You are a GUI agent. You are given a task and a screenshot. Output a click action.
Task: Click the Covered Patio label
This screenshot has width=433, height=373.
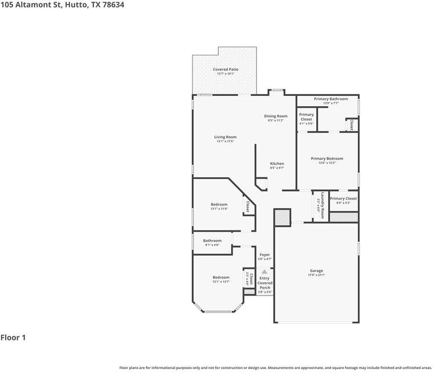pyautogui.click(x=226, y=70)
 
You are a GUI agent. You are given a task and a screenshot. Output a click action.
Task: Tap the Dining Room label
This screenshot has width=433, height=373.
pyautogui.click(x=275, y=116)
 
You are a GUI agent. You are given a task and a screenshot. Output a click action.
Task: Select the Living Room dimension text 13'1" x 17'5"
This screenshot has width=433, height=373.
pyautogui.click(x=225, y=141)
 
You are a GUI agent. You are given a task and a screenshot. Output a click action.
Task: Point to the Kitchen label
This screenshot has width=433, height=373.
pyautogui.click(x=277, y=164)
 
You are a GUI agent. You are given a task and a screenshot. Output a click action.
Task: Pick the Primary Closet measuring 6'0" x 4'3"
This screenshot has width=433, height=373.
pyautogui.click(x=344, y=199)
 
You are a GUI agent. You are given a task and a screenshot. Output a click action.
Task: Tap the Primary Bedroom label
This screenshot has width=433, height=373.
pyautogui.click(x=326, y=159)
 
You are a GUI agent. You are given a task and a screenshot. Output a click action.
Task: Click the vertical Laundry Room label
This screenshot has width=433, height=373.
pyautogui.click(x=321, y=205)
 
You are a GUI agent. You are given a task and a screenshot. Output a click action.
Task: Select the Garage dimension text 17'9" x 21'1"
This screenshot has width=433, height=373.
pyautogui.click(x=316, y=275)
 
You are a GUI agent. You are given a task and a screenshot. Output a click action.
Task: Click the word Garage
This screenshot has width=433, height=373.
pyautogui.click(x=316, y=271)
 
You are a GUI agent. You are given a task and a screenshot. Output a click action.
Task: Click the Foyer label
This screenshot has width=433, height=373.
pyautogui.click(x=264, y=255)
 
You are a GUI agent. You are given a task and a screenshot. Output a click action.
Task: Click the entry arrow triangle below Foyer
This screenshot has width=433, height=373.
pyautogui.click(x=264, y=271)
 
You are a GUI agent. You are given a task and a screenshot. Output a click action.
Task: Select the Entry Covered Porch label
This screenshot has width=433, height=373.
pyautogui.click(x=265, y=283)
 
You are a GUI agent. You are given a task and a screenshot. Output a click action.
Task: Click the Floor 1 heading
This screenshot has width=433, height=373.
pyautogui.click(x=13, y=338)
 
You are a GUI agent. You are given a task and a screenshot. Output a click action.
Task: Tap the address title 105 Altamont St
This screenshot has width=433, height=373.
pyautogui.click(x=63, y=5)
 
